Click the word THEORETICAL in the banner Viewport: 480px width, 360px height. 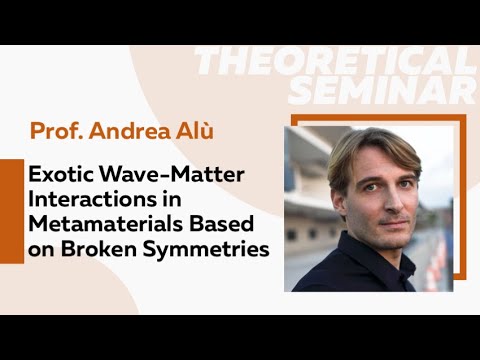(335, 62)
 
